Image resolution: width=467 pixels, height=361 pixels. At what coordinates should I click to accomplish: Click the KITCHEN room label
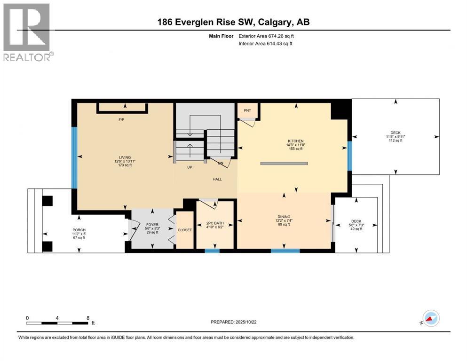click(x=296, y=141)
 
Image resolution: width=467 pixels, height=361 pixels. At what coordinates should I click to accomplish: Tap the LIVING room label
click(x=125, y=157)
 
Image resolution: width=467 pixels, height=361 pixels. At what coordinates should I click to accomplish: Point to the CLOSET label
click(x=184, y=230)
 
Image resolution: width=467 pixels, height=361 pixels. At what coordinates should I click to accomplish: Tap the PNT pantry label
click(x=247, y=111)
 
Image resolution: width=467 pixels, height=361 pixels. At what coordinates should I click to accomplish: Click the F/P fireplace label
click(x=121, y=119)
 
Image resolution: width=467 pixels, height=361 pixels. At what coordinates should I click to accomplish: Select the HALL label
click(x=217, y=179)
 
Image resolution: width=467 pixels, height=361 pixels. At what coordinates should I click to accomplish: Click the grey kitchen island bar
click(x=284, y=163)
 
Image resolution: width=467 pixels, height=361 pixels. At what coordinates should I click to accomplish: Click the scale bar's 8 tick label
click(x=88, y=318)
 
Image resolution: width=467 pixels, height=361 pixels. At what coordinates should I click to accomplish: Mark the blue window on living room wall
click(x=74, y=157)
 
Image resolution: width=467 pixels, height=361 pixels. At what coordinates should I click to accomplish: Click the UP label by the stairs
click(x=190, y=167)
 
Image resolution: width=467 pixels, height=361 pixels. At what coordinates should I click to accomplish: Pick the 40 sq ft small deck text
click(x=356, y=229)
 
